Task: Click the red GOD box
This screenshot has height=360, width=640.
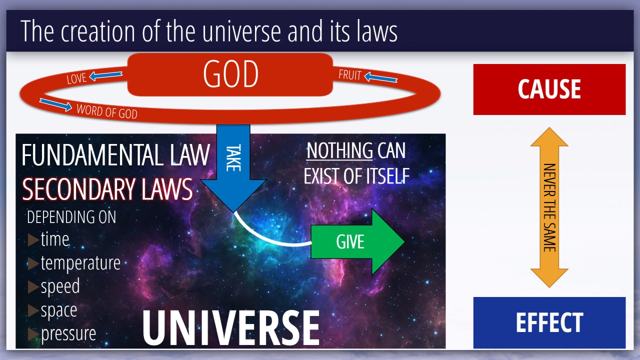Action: (230, 74)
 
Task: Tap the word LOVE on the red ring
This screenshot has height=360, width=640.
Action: (76, 78)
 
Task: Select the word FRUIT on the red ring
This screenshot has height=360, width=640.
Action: (350, 75)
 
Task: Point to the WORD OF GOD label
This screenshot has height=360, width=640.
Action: (107, 111)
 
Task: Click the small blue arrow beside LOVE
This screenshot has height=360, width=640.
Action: (105, 75)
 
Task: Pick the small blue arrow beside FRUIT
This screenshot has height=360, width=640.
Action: (380, 77)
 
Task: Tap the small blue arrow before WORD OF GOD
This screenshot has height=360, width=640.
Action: (55, 104)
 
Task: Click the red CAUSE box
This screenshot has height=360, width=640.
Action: (549, 89)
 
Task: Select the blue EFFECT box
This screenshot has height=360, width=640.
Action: (549, 322)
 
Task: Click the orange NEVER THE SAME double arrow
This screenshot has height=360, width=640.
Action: (549, 207)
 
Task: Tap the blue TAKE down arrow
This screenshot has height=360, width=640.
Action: (233, 167)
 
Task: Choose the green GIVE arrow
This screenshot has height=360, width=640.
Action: (357, 241)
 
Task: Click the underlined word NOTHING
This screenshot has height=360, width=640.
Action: (339, 150)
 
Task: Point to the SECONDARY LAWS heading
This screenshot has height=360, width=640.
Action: (107, 189)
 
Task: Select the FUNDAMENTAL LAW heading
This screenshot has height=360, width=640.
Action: (116, 155)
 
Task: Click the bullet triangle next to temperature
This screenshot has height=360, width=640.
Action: (33, 263)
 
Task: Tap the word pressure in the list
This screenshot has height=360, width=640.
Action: (68, 333)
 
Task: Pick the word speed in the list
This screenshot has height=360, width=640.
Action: (60, 286)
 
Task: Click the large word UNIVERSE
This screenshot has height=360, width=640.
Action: (231, 328)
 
